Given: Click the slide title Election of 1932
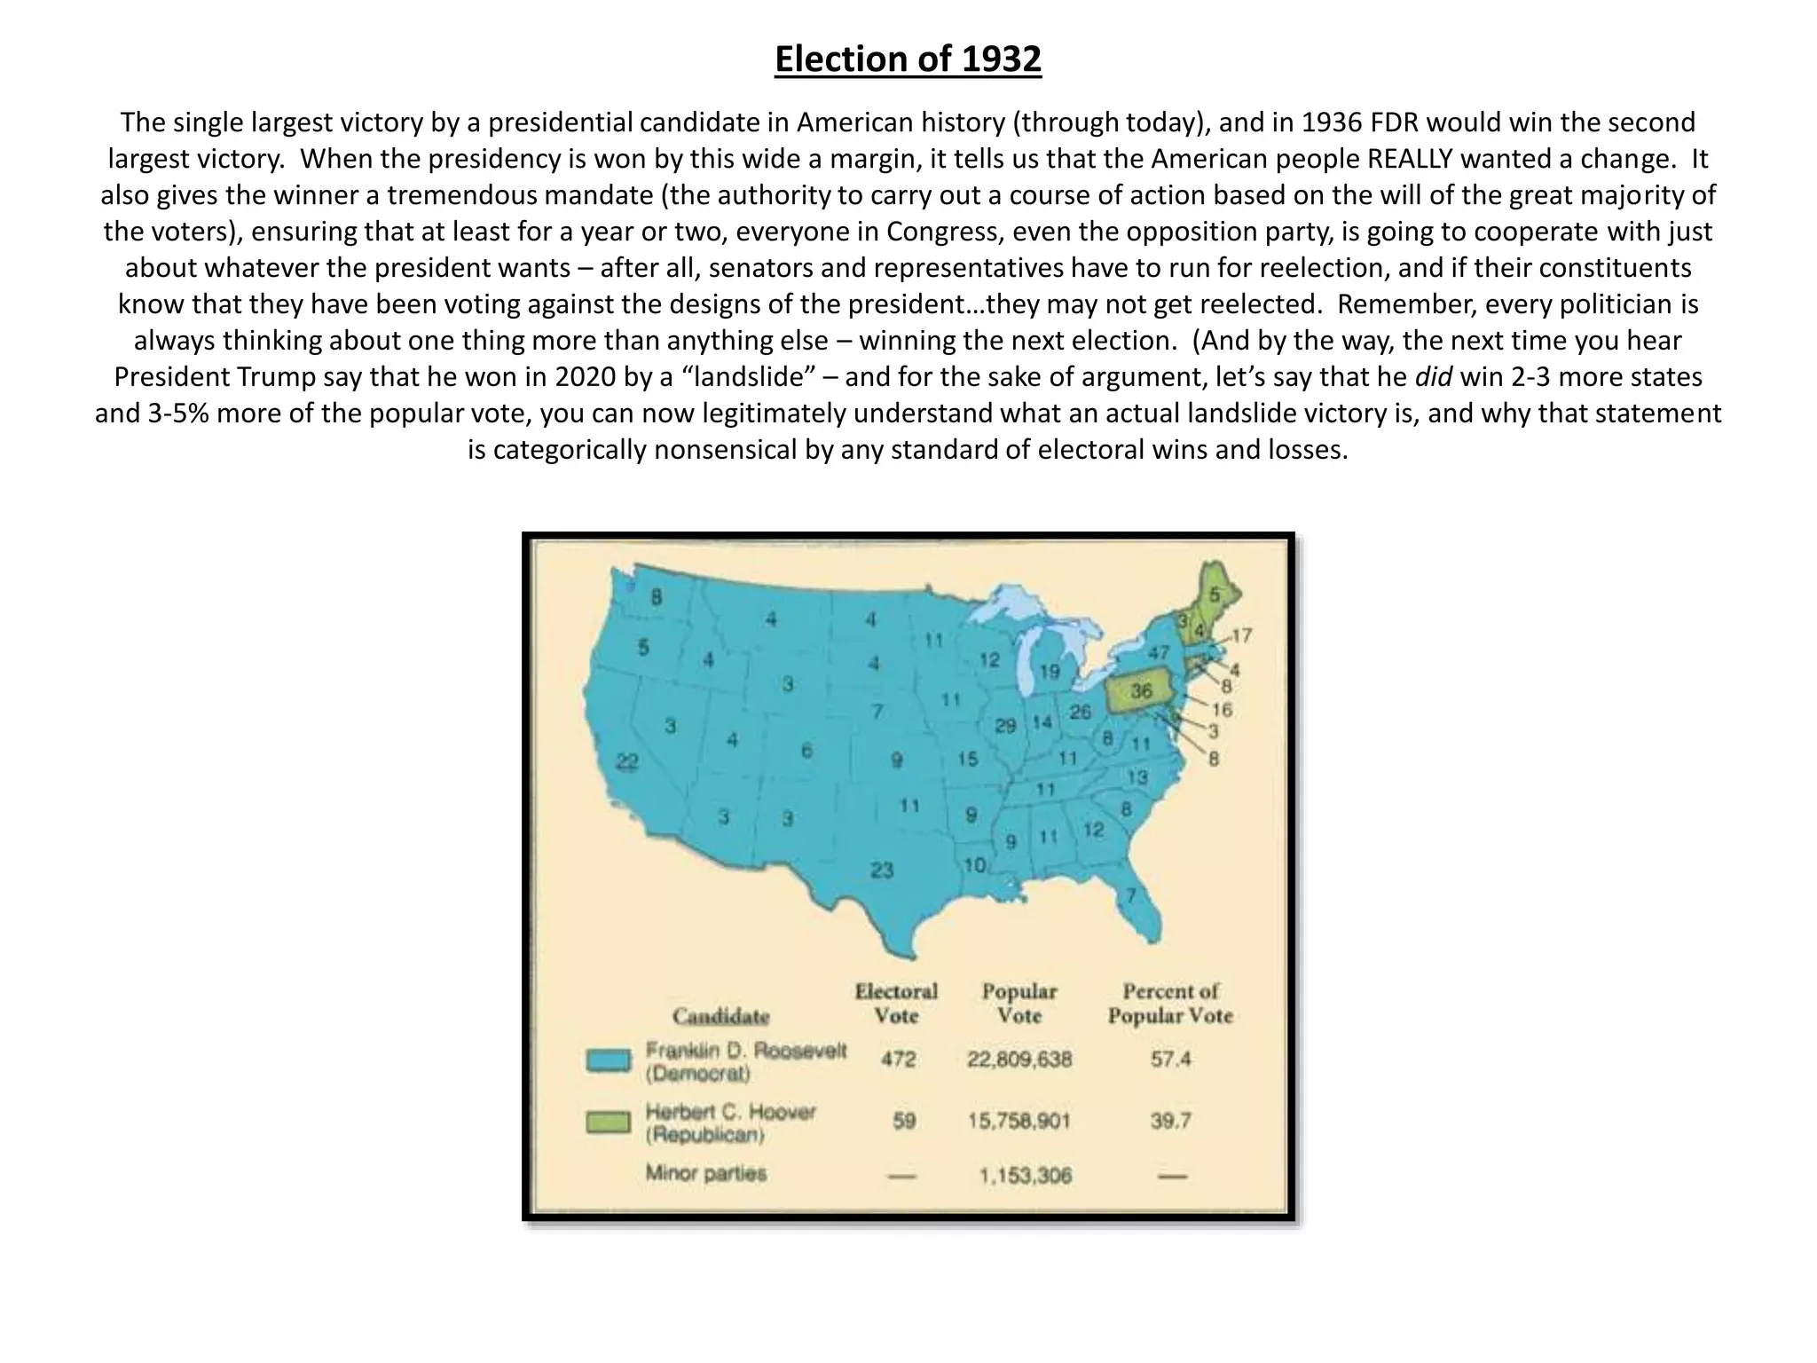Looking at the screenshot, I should point(908,59).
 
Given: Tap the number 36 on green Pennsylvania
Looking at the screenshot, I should point(1141,691).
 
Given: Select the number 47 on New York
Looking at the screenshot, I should point(1159,653).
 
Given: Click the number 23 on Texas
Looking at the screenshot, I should point(881,870).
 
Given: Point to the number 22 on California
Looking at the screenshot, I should point(627,762).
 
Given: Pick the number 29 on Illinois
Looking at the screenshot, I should point(1005,726).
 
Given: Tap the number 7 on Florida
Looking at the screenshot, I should point(1131,895).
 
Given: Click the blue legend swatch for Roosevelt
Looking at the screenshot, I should point(609,1061).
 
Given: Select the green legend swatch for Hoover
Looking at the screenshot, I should point(609,1123).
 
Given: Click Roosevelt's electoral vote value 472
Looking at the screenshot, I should point(898,1059).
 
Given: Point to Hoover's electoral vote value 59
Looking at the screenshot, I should point(903,1121).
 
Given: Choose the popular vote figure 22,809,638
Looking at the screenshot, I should point(1019,1059).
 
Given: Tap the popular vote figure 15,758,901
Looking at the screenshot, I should point(1019,1121).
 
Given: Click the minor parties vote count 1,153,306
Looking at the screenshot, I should point(1025,1176).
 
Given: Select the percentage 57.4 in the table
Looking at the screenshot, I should point(1170,1059).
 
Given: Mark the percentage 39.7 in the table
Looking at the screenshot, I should point(1170,1121).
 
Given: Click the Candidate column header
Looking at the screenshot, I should point(720,1016).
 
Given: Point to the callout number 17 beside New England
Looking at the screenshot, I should point(1241,635).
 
